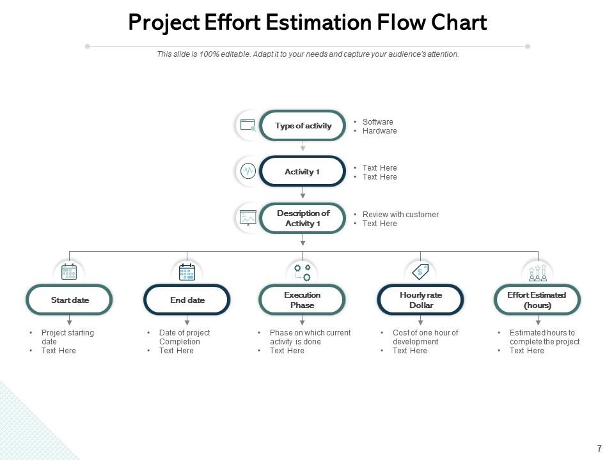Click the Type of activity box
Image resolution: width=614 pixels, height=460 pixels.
pos(303,126)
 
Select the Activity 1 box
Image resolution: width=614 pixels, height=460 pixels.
pos(303,172)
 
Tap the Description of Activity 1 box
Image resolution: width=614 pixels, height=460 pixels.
pos(303,218)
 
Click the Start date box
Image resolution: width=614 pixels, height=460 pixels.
pos(70,300)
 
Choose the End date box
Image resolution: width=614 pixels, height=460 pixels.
pos(187,300)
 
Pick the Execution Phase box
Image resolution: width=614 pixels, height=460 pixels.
pos(302,300)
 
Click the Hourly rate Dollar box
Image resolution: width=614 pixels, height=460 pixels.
pos(420,300)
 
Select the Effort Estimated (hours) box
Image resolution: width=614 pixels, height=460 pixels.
pos(537,300)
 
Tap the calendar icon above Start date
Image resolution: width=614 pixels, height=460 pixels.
pos(69,272)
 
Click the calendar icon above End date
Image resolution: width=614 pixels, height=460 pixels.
pos(187,272)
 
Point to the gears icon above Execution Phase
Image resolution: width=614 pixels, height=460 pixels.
pos(302,272)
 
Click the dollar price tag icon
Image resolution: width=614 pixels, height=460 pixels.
pos(420,271)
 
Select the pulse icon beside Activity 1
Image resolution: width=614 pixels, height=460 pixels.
pos(248,171)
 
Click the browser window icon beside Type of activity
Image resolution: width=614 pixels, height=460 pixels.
pos(248,125)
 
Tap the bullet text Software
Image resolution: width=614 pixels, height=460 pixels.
pos(377,122)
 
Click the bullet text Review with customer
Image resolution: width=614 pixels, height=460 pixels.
pos(400,215)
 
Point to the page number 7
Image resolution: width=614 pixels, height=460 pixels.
pos(599,448)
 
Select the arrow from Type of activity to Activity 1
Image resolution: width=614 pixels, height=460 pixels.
pos(303,147)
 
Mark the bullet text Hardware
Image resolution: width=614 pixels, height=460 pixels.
pos(379,131)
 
